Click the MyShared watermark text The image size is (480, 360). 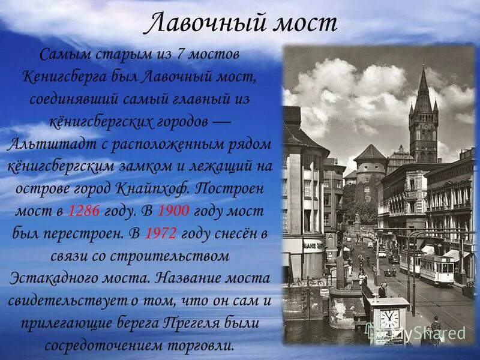click(x=431, y=332)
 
